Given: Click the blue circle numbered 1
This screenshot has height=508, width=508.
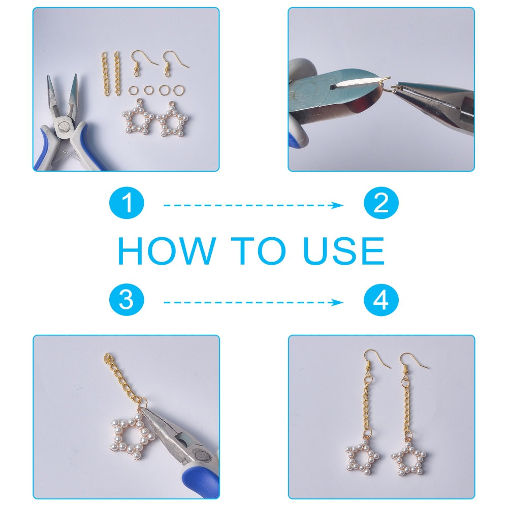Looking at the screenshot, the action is [x=126, y=203].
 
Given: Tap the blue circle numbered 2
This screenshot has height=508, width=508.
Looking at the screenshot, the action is [x=381, y=203].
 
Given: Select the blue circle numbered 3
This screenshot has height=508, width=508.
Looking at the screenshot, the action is [x=126, y=300].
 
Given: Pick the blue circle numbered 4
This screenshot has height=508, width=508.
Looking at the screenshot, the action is [x=381, y=300].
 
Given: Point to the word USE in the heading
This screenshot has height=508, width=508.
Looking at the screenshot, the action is [x=344, y=250].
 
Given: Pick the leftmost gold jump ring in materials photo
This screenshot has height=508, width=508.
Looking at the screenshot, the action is [x=133, y=90].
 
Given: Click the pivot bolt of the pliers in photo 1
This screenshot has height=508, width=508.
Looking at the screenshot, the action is [x=62, y=126].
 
